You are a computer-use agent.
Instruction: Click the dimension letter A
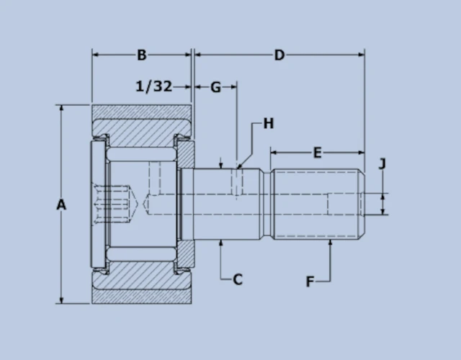(x=61, y=205)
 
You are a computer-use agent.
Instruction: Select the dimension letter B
(x=142, y=55)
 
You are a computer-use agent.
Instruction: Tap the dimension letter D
(x=279, y=55)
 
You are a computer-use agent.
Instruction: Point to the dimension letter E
(x=317, y=152)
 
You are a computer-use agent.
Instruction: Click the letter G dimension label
(x=215, y=87)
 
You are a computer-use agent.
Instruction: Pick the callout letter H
(x=268, y=124)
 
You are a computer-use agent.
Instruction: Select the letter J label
(x=382, y=163)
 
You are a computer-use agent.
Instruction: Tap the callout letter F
(x=310, y=282)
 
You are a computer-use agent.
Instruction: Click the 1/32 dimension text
(x=154, y=86)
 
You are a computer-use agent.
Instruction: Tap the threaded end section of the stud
(x=317, y=204)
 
